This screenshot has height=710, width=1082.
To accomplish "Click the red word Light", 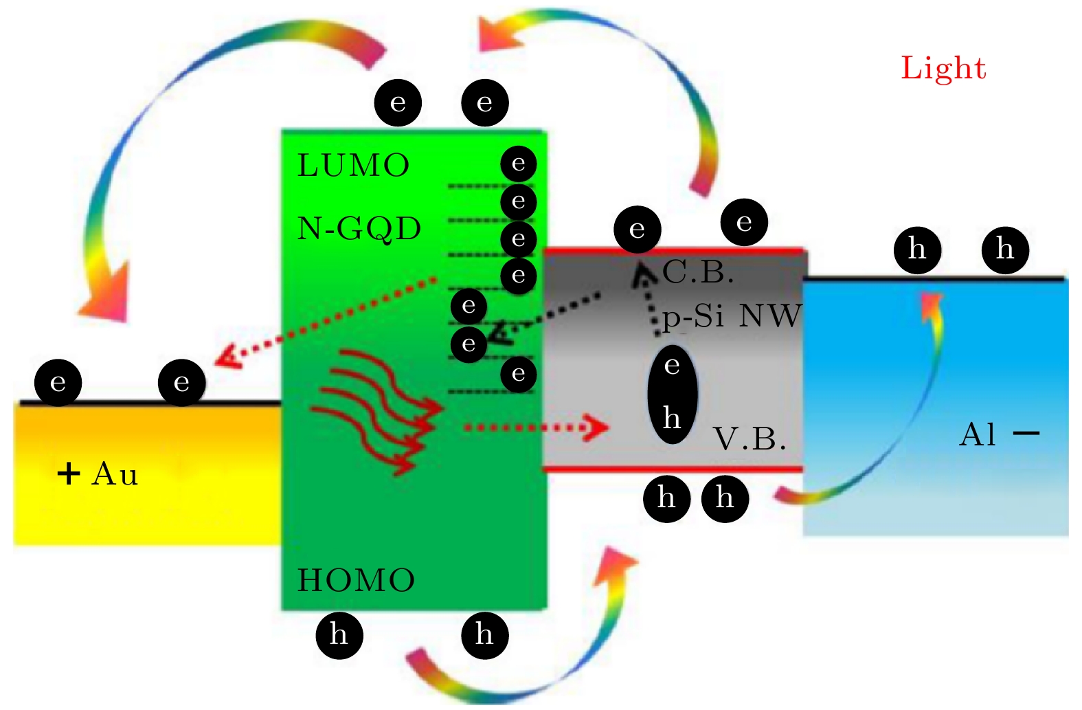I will [x=943, y=69].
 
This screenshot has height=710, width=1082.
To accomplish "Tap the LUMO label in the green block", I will [x=353, y=166].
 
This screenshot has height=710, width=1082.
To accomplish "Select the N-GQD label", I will [x=359, y=229].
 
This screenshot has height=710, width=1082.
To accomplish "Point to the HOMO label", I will [x=356, y=581].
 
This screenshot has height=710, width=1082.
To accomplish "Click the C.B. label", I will [x=698, y=273].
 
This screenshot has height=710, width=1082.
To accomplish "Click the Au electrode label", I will [x=115, y=474].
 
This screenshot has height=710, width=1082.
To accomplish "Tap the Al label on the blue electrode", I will [x=977, y=434].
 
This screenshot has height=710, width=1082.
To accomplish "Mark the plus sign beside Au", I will [x=68, y=474].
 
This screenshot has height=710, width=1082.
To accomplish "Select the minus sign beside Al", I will [x=1026, y=434].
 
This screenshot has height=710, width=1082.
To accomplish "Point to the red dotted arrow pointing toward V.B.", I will [x=536, y=428].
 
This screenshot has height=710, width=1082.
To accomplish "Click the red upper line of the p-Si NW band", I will [x=673, y=252].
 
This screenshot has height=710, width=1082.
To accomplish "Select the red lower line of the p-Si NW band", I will [x=673, y=469].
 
